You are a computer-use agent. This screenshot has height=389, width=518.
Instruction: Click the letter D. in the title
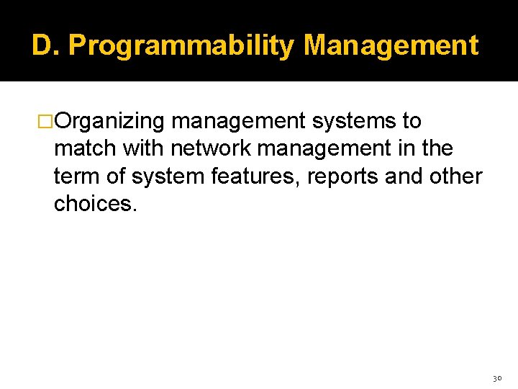pos(46,45)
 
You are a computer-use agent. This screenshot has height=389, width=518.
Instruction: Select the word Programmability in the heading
pos(181,45)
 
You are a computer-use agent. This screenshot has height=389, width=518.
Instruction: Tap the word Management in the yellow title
pos(391,45)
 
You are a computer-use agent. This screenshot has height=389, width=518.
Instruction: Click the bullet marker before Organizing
pos(46,121)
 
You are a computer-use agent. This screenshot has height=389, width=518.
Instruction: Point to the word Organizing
pos(109,121)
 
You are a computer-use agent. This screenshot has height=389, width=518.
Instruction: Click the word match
pos(86,148)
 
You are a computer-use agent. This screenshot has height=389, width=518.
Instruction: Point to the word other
pos(455,176)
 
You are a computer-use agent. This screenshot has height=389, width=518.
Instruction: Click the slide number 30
pos(496,377)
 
